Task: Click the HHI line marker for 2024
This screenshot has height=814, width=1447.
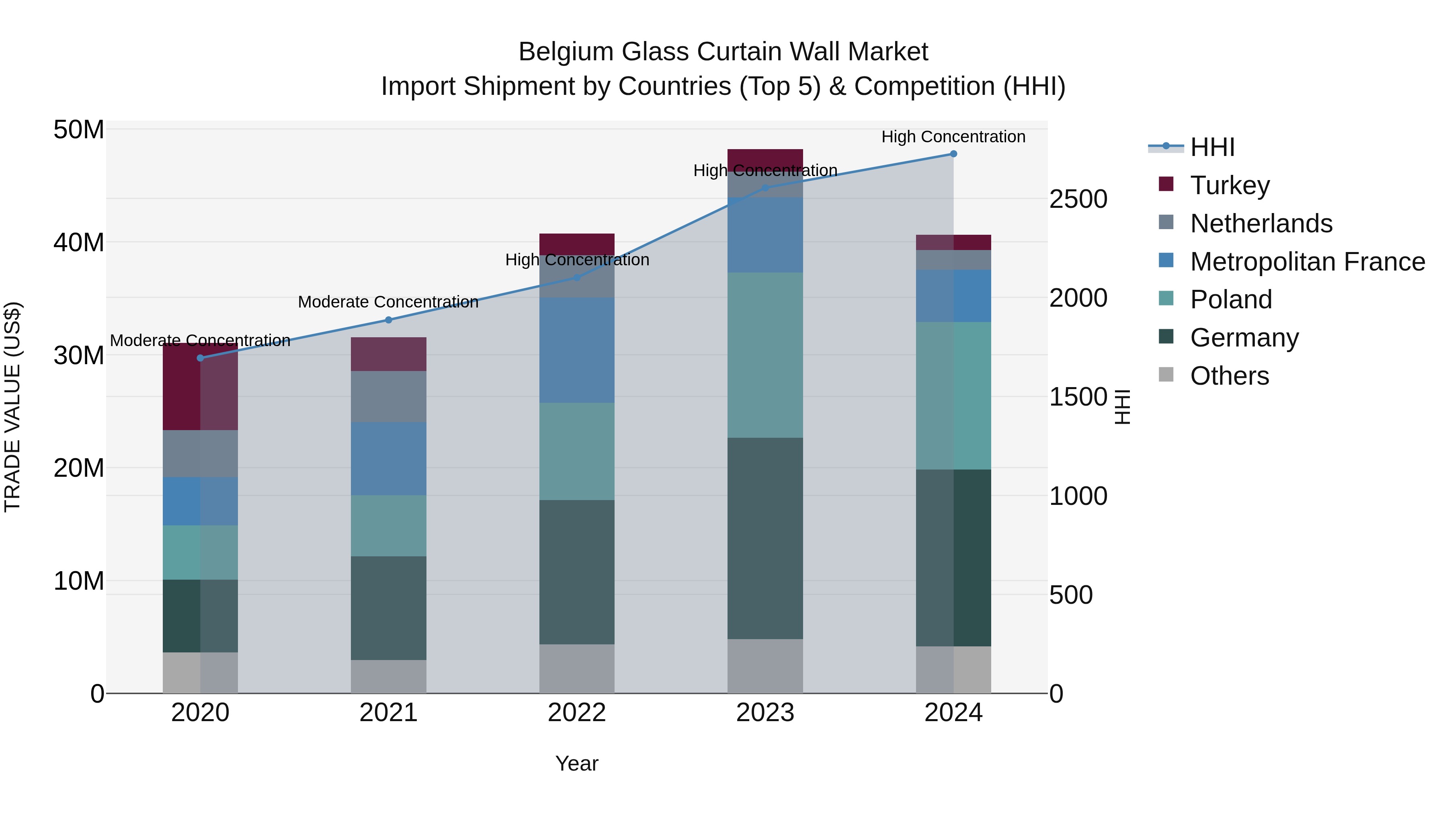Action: [x=953, y=154]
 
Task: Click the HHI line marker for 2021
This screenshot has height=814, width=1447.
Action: [x=388, y=320]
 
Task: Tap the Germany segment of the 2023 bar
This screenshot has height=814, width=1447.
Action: [x=765, y=538]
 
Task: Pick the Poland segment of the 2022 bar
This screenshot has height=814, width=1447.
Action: [x=577, y=451]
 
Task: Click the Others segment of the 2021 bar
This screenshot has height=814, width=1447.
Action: [x=388, y=677]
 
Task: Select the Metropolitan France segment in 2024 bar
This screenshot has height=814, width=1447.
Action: [x=953, y=296]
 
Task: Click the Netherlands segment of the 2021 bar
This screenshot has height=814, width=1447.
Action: [x=388, y=397]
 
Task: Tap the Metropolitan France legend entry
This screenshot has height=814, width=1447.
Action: [x=1307, y=262]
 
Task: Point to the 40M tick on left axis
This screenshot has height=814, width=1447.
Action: [x=79, y=243]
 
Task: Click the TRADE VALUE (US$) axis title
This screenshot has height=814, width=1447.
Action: [x=12, y=407]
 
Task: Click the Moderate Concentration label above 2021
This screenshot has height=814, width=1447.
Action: [x=388, y=302]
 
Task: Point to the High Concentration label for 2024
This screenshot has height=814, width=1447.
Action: [x=953, y=137]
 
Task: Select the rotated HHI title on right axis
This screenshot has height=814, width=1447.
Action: [x=1122, y=407]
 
